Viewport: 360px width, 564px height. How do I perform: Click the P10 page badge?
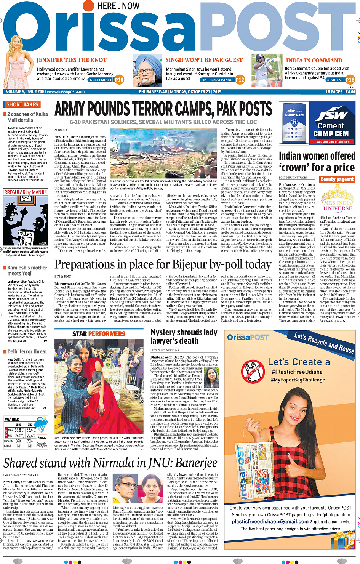coord(119,80)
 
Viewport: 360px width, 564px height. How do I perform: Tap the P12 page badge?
coord(240,80)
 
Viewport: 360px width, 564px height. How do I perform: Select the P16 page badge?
coord(350,80)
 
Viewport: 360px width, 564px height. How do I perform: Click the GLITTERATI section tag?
coord(101,80)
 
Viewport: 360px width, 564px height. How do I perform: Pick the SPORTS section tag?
coord(334,80)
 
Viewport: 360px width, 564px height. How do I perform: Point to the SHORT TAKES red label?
coord(22,104)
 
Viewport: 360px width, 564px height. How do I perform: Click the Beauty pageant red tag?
coord(337,179)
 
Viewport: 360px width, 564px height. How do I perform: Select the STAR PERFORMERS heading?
coord(99,334)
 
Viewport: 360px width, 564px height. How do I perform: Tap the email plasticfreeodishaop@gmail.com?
coord(270,522)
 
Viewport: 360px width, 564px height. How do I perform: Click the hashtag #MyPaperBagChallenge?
coord(298,380)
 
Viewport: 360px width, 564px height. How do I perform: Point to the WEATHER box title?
coord(12,419)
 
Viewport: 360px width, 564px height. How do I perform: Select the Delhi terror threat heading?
coord(27,352)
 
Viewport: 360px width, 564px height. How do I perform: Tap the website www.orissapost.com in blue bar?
coord(65,92)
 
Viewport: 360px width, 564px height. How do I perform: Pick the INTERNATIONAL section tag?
coord(217,80)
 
